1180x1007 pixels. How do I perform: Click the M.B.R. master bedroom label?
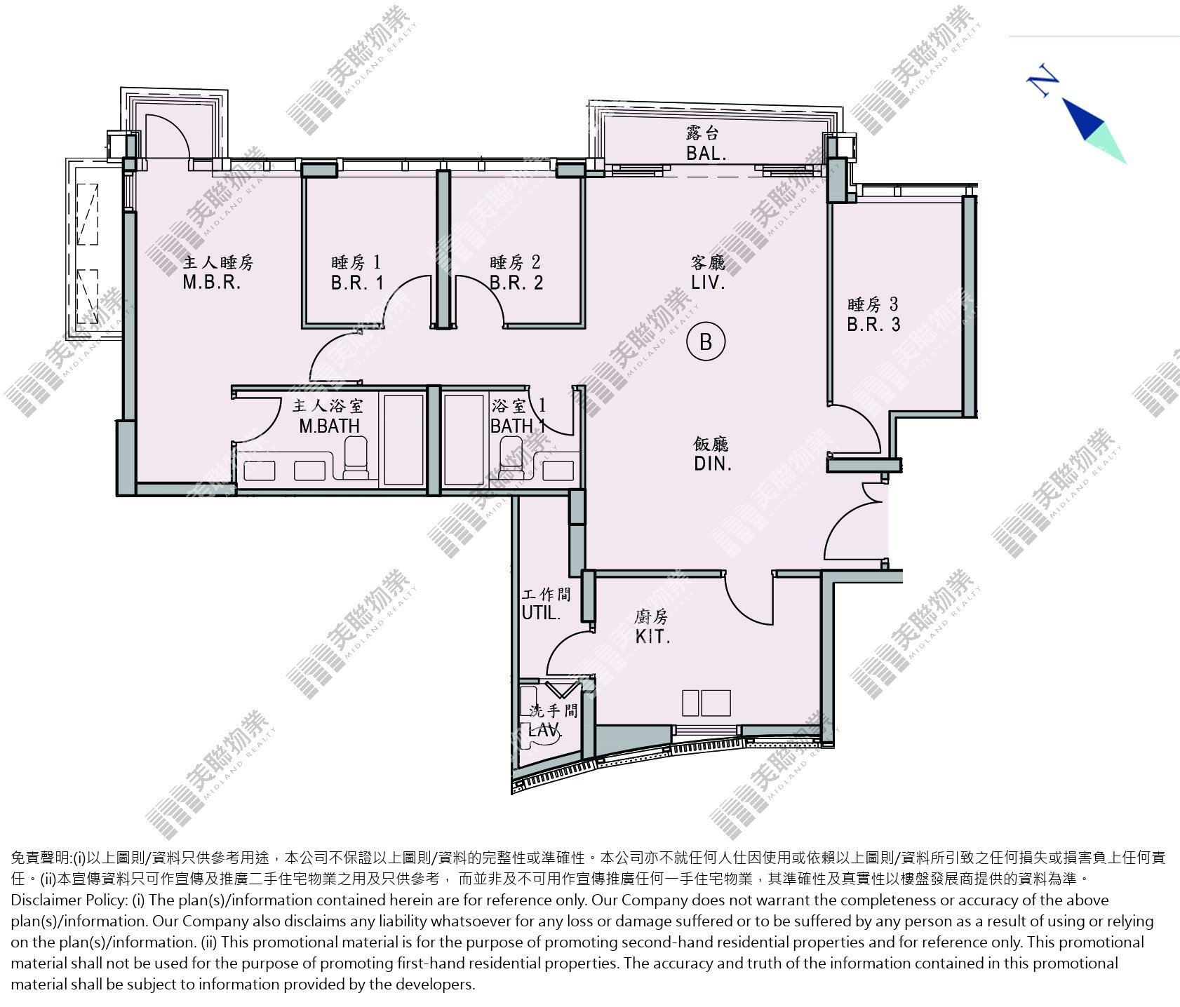[212, 283]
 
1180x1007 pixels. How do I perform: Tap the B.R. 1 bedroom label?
[358, 283]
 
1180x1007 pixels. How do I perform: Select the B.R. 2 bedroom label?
[516, 283]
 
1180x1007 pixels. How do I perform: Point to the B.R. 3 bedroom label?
[873, 325]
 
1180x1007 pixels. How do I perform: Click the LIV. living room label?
[708, 283]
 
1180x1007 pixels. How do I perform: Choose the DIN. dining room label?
[713, 464]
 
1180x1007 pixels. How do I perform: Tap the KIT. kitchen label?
[652, 637]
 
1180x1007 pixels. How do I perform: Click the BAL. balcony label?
[706, 154]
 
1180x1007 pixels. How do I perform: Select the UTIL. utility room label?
[542, 613]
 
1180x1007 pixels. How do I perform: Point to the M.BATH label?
[329, 426]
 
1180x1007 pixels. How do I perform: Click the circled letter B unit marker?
[706, 342]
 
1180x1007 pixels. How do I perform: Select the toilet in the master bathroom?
[356, 457]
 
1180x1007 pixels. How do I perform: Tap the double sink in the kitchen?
[706, 703]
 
